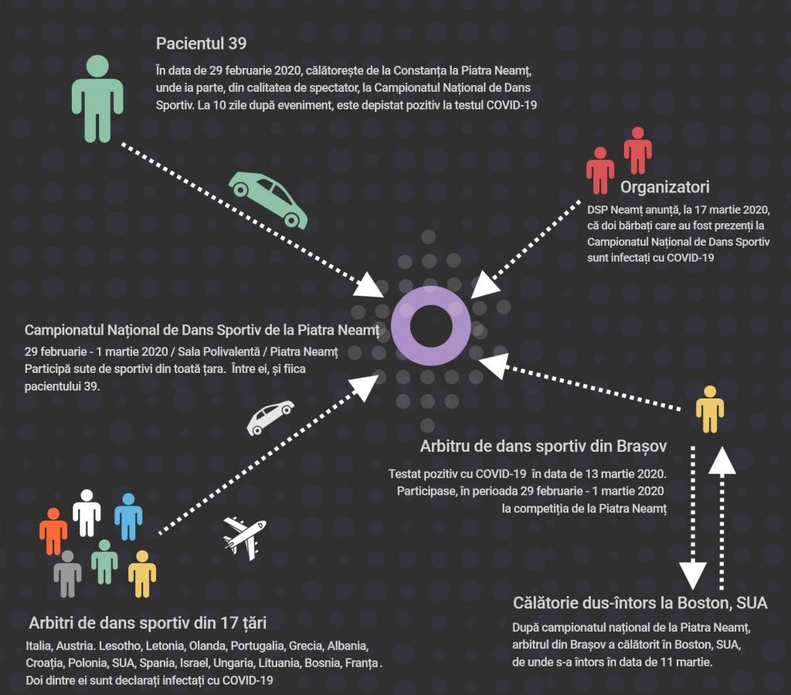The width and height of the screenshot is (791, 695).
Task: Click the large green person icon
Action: [x=97, y=99]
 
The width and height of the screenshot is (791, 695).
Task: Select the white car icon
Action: [x=270, y=417]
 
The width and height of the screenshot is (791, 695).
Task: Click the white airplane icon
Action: [x=245, y=538]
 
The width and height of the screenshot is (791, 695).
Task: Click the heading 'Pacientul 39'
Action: [x=201, y=43]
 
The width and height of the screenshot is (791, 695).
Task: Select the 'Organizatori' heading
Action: [x=665, y=187]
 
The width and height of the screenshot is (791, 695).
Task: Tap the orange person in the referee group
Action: [x=53, y=531]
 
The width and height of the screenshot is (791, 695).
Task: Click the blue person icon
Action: [x=128, y=517]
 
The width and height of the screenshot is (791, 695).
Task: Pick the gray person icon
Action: [x=68, y=574]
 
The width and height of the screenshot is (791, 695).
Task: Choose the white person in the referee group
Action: [x=87, y=513]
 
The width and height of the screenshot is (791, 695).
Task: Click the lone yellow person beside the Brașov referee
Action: [x=710, y=409]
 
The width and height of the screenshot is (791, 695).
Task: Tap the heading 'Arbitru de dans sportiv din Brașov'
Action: [x=543, y=446]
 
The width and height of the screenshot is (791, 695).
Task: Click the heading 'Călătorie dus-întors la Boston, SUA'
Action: [x=640, y=602]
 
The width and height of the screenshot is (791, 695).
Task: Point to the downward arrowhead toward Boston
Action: [x=693, y=575]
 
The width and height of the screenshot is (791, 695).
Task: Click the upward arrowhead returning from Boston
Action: [x=722, y=460]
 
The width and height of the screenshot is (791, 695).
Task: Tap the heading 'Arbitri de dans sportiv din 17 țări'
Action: [x=148, y=623]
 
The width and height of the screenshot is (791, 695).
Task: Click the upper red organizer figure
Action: [x=637, y=151]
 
